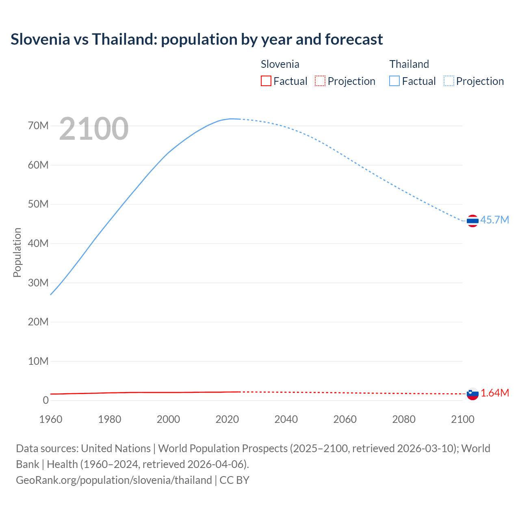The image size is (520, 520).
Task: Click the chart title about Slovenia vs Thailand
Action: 197,39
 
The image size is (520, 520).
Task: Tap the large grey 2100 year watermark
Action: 94,129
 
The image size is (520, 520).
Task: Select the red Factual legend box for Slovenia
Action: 266,81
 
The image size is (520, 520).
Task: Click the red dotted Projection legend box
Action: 320,81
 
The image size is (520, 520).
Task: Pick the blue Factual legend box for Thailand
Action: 394,81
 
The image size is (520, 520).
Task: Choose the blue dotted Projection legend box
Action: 449,81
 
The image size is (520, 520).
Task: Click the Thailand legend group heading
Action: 409,64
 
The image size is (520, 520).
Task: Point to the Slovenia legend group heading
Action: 280,64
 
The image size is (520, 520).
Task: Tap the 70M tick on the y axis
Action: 38,126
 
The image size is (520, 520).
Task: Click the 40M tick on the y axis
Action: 38,243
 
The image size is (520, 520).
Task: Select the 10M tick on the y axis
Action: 38,361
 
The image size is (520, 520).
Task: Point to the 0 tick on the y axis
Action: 45,400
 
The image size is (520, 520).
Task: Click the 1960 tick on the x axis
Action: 51,419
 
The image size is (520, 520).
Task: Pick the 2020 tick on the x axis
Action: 227,419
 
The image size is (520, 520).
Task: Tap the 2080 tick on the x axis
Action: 404,419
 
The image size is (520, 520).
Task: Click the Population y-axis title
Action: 17,252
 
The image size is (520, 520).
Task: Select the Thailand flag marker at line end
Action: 472,221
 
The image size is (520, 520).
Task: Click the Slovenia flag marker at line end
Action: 472,394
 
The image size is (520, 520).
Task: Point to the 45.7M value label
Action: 494,220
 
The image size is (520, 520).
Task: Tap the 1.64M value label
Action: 495,393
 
